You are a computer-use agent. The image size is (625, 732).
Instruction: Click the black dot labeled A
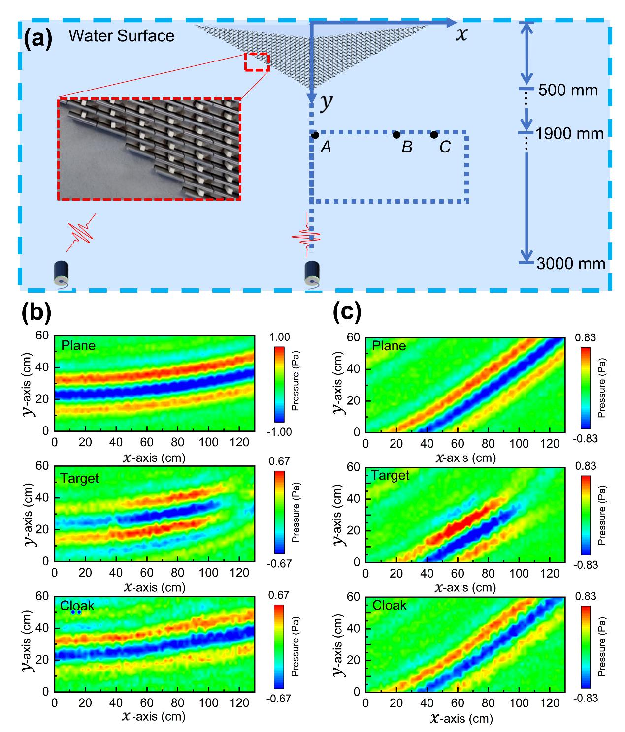315,134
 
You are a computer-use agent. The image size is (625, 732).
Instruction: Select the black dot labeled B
396,134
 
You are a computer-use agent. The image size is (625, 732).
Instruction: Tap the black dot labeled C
434,134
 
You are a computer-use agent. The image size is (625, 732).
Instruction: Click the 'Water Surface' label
121,36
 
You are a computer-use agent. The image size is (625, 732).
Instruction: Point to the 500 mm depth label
568,91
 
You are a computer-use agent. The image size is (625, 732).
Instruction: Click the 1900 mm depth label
570,134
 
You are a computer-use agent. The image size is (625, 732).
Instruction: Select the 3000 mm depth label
571,264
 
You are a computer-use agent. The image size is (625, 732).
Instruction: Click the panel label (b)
37,313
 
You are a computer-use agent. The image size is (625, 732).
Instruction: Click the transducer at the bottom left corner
61,275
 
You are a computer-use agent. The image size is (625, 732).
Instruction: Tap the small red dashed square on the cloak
257,62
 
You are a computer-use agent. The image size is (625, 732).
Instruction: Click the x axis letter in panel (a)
461,34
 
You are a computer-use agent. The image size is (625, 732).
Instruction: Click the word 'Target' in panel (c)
391,476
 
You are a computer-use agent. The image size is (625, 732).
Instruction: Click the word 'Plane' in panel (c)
389,346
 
